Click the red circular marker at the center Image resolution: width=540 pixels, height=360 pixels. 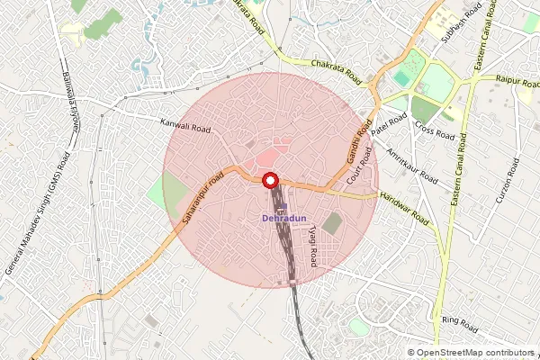click(270, 180)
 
